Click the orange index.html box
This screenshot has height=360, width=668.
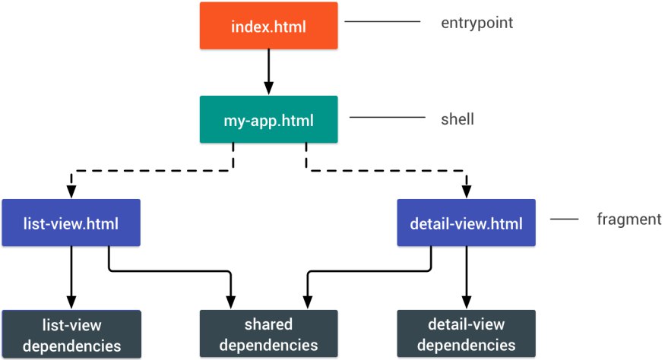pyautogui.click(x=269, y=26)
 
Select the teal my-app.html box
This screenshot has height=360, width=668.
pyautogui.click(x=269, y=119)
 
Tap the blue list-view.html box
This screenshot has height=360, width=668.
pyautogui.click(x=71, y=223)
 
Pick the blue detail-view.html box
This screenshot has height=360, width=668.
pyautogui.click(x=466, y=223)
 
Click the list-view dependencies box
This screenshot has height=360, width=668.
pyautogui.click(x=71, y=334)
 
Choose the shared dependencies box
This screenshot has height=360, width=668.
pyautogui.click(x=269, y=333)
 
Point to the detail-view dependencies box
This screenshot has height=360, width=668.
pyautogui.click(x=466, y=333)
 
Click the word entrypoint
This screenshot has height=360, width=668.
pyautogui.click(x=476, y=23)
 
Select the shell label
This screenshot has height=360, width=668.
pyautogui.click(x=457, y=118)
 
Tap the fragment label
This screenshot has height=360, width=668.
pyautogui.click(x=629, y=219)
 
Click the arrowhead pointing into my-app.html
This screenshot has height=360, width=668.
pyautogui.click(x=269, y=89)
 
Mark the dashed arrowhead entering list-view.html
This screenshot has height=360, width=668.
pyautogui.click(x=71, y=192)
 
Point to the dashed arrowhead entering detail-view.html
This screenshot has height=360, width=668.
pyautogui.click(x=467, y=192)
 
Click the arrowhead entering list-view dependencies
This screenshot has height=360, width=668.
pyautogui.click(x=71, y=302)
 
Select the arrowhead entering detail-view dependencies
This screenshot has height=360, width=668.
pyautogui.click(x=467, y=302)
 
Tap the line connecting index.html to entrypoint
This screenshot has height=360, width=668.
pyautogui.click(x=382, y=21)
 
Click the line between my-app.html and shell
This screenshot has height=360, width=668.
pyautogui.click(x=388, y=117)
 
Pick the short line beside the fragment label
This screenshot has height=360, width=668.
pyautogui.click(x=565, y=219)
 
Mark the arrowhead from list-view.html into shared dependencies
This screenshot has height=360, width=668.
pyautogui.click(x=230, y=302)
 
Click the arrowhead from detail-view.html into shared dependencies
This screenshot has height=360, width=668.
pyautogui.click(x=308, y=302)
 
